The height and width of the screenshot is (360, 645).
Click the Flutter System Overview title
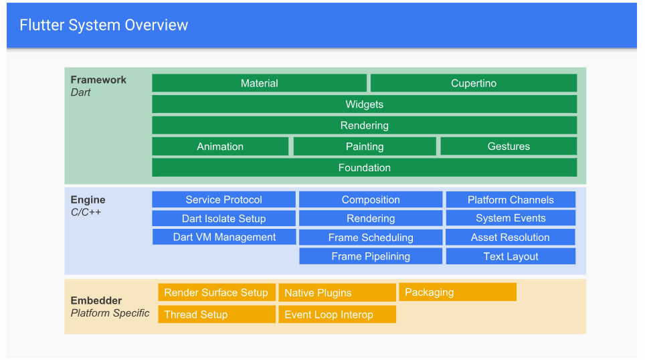tap(104, 25)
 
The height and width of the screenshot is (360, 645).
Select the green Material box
tap(259, 83)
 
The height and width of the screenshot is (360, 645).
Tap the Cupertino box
tap(473, 83)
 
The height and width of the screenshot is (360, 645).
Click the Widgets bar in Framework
tap(364, 104)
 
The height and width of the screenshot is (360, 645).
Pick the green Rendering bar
tap(364, 125)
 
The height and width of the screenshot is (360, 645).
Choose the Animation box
tap(220, 147)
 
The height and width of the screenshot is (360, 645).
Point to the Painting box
tap(364, 147)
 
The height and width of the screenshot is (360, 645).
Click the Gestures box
tap(508, 147)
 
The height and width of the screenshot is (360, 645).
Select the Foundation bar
tap(364, 168)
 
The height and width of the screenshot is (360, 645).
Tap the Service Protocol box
tap(223, 199)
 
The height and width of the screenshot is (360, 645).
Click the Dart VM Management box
tap(224, 237)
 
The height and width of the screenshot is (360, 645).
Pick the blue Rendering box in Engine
tap(370, 218)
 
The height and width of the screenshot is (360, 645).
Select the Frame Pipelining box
tap(370, 256)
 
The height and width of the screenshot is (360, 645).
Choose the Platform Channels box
tap(511, 199)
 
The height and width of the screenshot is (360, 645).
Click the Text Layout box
tap(511, 256)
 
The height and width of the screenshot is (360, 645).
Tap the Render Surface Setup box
tap(216, 292)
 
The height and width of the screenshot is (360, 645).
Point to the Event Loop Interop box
tap(337, 314)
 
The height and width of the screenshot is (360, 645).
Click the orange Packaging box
tap(457, 292)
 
